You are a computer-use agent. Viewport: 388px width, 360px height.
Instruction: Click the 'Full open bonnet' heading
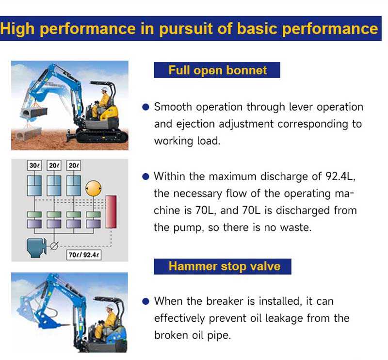coord(217,70)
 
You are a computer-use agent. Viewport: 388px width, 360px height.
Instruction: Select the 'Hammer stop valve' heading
coord(225,266)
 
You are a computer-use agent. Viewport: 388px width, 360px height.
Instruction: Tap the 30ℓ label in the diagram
coord(34,165)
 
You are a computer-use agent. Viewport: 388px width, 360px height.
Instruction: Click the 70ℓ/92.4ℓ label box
coord(83,255)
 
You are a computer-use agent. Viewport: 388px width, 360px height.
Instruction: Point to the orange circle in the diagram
coord(93,188)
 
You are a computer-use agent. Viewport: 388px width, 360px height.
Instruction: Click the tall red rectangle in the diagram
coord(111,212)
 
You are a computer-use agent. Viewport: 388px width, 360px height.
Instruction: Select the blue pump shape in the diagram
coord(36,248)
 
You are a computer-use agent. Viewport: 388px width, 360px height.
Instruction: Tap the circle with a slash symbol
coord(54,246)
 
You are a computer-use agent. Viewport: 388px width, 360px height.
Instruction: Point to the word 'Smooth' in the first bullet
coord(173,107)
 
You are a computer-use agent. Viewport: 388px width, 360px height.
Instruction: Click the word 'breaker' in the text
coord(225,301)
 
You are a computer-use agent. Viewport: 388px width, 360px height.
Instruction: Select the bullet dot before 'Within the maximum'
coord(146,177)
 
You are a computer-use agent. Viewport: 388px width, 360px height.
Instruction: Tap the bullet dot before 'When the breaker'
coord(146,301)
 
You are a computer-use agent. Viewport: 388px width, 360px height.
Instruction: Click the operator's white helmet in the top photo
coord(104,89)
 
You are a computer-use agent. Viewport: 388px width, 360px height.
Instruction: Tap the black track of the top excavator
coord(102,136)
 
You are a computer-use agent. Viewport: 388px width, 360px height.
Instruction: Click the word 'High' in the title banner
coord(17,29)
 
